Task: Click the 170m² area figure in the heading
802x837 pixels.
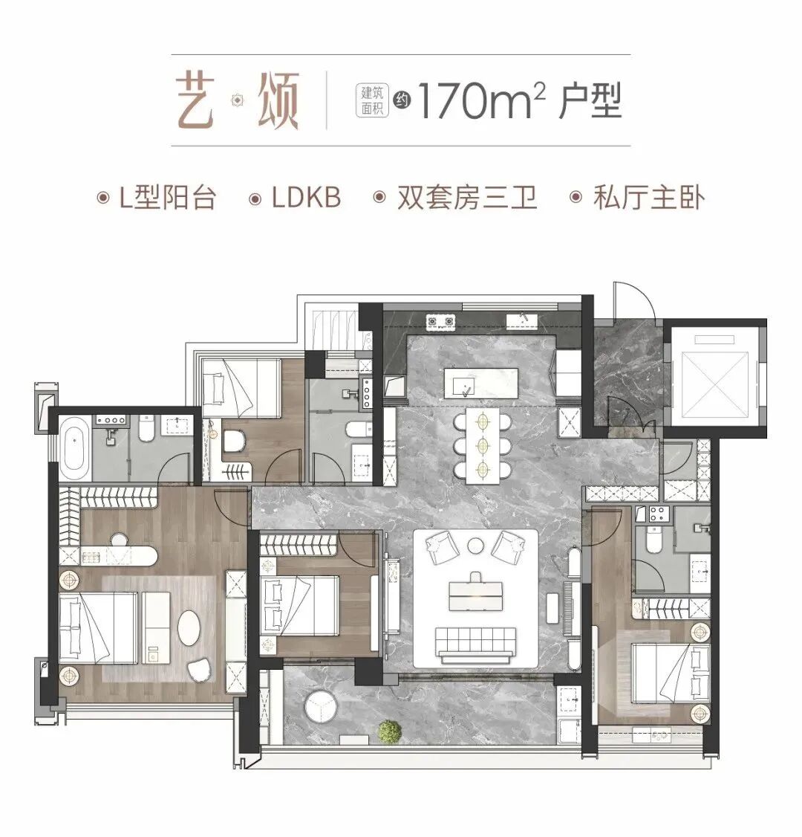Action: pos(475,103)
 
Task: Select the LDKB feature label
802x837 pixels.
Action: pos(305,198)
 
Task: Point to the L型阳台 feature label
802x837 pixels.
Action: pos(167,198)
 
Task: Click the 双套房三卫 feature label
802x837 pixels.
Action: pos(466,198)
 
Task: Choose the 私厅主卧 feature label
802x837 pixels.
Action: pos(648,198)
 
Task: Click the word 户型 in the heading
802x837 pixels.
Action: pos(590,102)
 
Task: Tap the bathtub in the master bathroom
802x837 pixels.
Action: pos(73,448)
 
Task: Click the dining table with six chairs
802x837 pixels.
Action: pos(483,445)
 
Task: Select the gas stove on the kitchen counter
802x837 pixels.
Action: pos(440,322)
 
